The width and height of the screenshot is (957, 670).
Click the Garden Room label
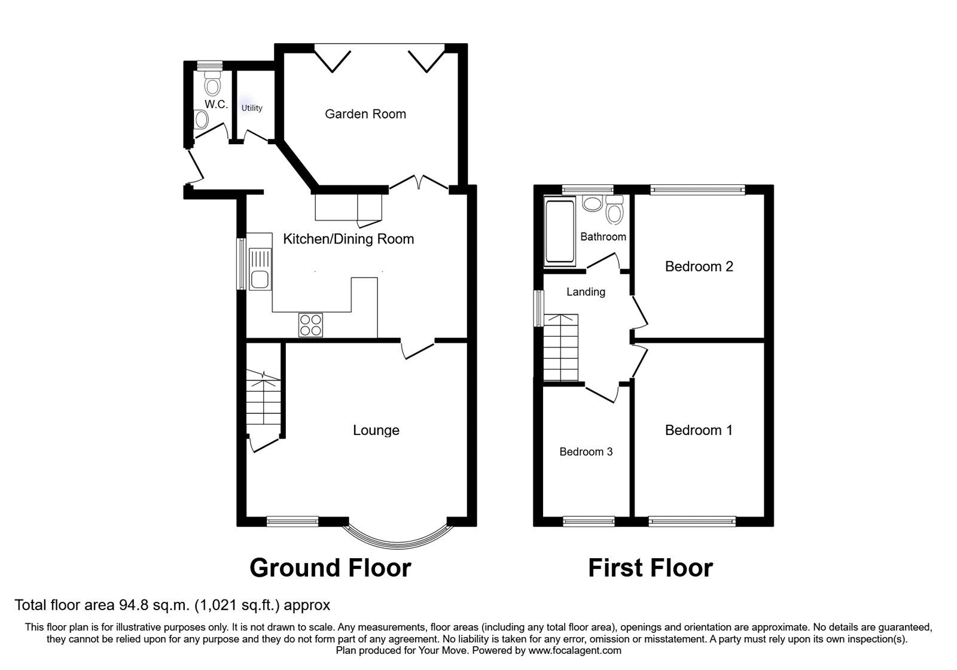365,114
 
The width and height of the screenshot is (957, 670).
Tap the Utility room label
252,108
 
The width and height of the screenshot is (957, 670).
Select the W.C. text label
216,104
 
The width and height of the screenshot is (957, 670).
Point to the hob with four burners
310,325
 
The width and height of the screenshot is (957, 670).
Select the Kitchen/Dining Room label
348,239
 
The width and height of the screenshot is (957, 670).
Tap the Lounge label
376,430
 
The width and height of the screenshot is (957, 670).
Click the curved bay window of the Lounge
398,537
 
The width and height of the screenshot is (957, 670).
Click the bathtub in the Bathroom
560,232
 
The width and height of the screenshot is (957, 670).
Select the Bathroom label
603,237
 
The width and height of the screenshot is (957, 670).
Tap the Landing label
586,292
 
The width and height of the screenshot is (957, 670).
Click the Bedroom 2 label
699,266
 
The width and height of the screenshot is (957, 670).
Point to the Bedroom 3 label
586,452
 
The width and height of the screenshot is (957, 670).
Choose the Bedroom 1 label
699,430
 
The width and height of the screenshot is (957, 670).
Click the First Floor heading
650,568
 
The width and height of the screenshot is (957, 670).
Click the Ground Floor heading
330,568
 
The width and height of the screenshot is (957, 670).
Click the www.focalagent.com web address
575,650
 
